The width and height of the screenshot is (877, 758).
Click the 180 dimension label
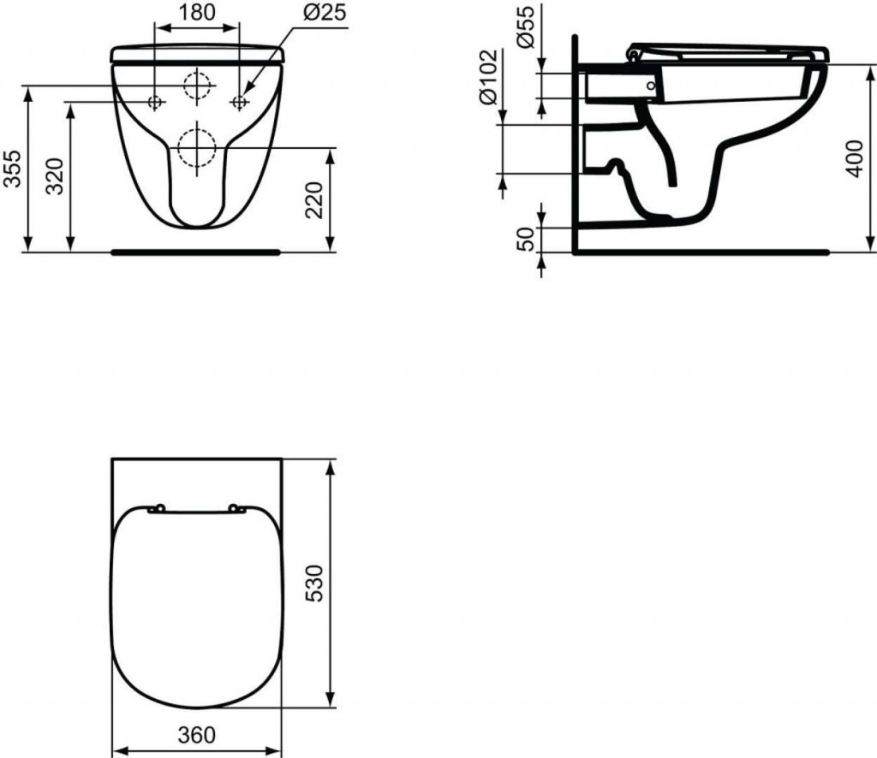tap(197, 12)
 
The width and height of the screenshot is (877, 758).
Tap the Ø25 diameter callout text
tap(325, 12)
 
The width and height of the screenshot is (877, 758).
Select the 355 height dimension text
tap(12, 169)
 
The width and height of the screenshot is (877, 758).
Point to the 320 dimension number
tap(55, 176)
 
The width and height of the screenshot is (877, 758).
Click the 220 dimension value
tap(314, 199)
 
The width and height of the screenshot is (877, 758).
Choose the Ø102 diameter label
tap(487, 76)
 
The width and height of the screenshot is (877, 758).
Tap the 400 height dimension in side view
tap(856, 159)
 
